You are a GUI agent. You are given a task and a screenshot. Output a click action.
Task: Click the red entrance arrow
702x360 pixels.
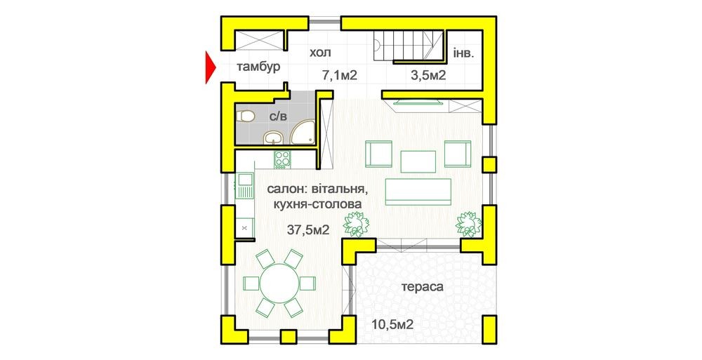[210, 67]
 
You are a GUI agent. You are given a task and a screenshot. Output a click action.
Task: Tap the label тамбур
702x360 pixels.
[259, 67]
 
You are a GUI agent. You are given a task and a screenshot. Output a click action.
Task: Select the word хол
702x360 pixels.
[321, 53]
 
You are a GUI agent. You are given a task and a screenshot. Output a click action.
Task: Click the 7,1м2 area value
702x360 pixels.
[340, 75]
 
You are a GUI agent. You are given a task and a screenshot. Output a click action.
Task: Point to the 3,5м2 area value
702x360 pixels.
[428, 75]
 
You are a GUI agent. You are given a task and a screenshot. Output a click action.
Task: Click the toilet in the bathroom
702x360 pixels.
[245, 117]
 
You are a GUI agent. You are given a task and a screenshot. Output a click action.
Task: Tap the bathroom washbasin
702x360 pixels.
[272, 138]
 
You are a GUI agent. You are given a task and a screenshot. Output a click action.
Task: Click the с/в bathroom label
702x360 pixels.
[277, 116]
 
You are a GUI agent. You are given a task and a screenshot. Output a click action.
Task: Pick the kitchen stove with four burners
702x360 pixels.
[282, 159]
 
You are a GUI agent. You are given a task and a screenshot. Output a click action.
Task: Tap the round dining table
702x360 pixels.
[279, 284]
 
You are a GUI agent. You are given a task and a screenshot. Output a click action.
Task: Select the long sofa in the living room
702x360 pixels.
[418, 192]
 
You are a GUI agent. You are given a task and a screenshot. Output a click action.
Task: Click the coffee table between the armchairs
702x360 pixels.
[418, 161]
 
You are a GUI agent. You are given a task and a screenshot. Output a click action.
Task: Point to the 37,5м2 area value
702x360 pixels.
[308, 230]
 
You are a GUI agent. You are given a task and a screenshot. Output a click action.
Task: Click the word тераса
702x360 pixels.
[423, 287]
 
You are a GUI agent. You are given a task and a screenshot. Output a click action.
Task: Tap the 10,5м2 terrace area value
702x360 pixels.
[392, 324]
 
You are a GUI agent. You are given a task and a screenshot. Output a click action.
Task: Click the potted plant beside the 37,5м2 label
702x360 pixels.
[356, 224]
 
